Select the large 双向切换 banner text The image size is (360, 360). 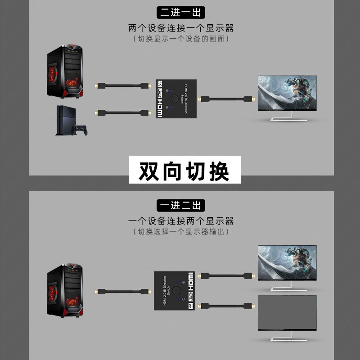click(184, 170)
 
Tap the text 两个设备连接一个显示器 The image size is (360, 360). click(181, 28)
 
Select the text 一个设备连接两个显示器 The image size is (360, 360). click(181, 221)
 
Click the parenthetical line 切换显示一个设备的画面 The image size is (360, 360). click(181, 39)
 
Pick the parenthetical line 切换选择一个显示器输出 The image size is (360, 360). click(181, 232)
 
